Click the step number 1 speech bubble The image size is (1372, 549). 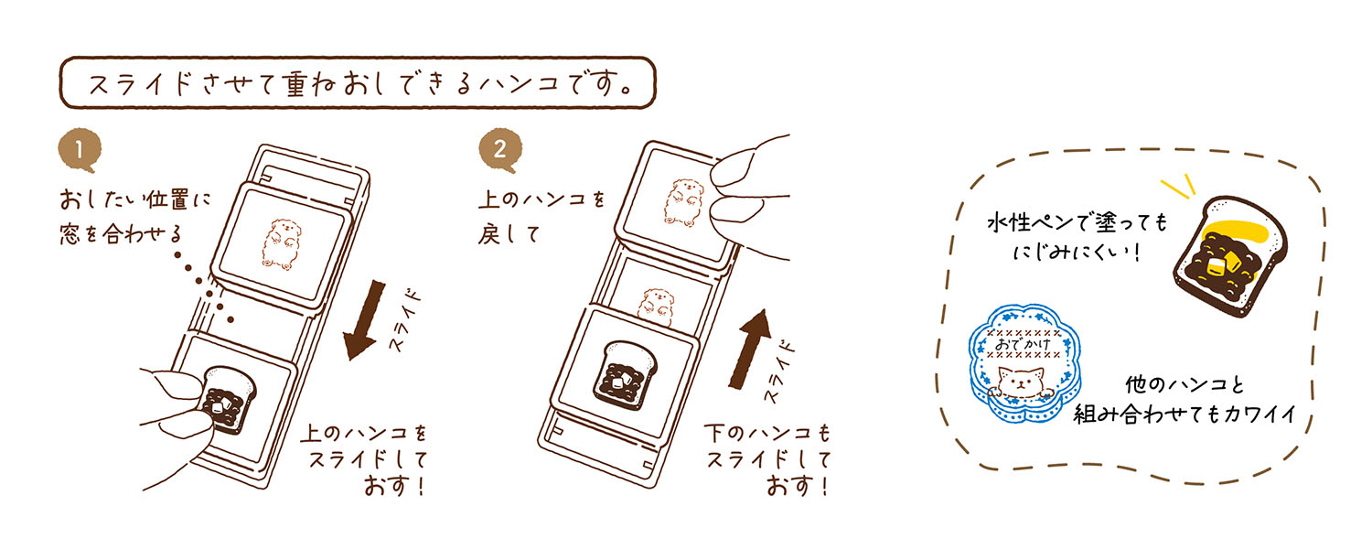[80, 150]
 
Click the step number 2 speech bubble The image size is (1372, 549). [500, 150]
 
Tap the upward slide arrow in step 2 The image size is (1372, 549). [751, 348]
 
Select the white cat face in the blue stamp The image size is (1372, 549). [1020, 382]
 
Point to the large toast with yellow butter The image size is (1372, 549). [1230, 256]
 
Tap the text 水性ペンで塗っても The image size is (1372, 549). [1077, 222]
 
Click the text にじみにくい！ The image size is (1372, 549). [1077, 252]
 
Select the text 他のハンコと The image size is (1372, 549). [1185, 384]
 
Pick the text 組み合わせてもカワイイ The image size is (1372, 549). [1185, 414]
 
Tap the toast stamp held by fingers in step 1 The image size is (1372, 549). [229, 400]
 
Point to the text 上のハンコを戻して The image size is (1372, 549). [541, 216]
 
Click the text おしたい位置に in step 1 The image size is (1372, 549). [134, 199]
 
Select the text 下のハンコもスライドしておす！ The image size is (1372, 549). [768, 459]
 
